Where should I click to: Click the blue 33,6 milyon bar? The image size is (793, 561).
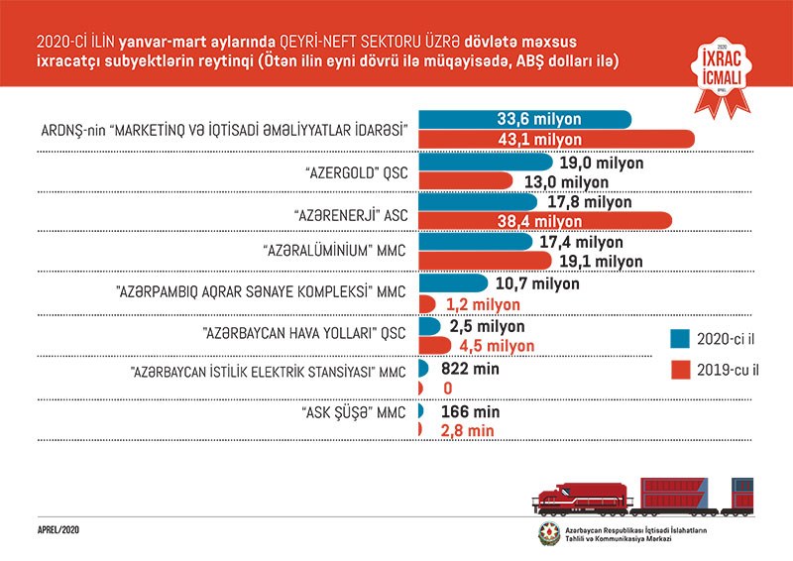[x=525, y=119]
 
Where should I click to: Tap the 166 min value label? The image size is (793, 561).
[x=465, y=410]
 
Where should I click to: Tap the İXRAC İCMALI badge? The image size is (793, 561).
[x=721, y=67]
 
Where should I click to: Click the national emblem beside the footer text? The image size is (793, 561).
[x=547, y=534]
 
